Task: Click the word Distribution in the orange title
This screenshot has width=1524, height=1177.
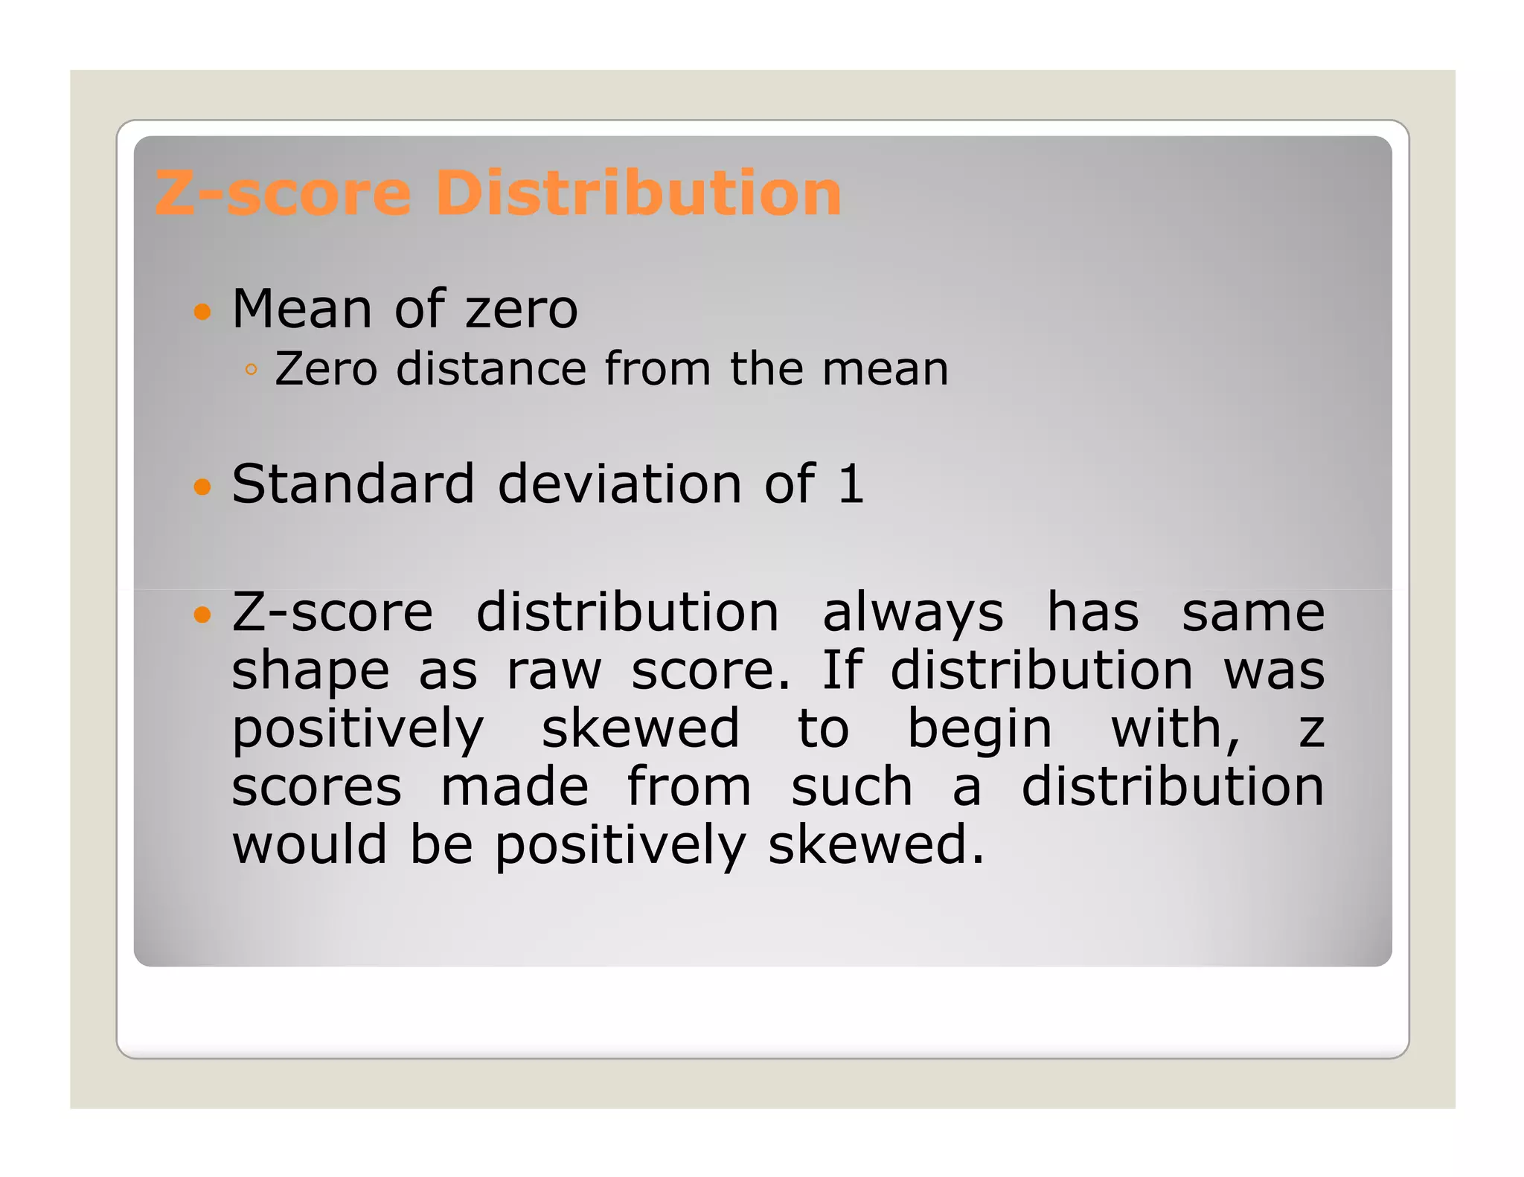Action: pyautogui.click(x=638, y=193)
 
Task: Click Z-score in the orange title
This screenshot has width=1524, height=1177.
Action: pyautogui.click(x=283, y=193)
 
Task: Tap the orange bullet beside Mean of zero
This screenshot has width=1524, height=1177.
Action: pyautogui.click(x=202, y=311)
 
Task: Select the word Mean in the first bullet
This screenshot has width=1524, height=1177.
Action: pyautogui.click(x=301, y=309)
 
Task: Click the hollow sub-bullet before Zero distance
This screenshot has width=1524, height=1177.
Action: pyautogui.click(x=251, y=370)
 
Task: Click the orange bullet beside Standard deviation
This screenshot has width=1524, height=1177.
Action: pyautogui.click(x=202, y=487)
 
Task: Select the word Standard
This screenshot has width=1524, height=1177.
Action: pyautogui.click(x=353, y=484)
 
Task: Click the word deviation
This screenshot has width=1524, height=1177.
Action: pyautogui.click(x=619, y=484)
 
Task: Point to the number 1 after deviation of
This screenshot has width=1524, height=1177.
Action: pyautogui.click(x=851, y=484)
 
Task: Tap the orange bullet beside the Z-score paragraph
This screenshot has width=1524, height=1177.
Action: pyautogui.click(x=202, y=615)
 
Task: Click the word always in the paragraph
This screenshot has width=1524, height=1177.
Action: pyautogui.click(x=913, y=615)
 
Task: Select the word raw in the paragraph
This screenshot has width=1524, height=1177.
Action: pyautogui.click(x=554, y=671)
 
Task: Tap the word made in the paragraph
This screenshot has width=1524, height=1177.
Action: pyautogui.click(x=515, y=787)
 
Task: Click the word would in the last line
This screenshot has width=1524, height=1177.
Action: pyautogui.click(x=310, y=845)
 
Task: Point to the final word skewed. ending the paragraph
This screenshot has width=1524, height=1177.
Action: pyautogui.click(x=876, y=845)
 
